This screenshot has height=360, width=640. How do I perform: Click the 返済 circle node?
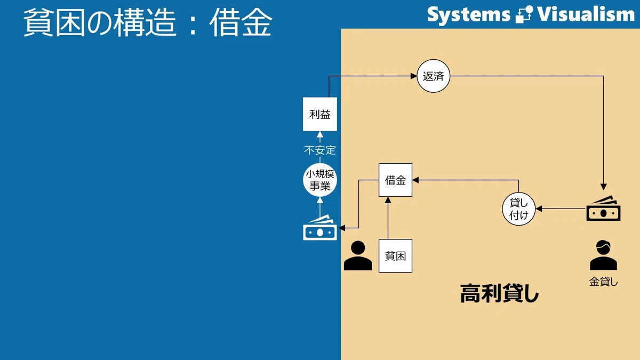click(434, 76)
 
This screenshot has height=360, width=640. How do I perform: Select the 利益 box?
click(320, 114)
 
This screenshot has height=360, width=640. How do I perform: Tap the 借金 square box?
click(395, 180)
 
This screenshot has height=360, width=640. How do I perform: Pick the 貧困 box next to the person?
click(395, 255)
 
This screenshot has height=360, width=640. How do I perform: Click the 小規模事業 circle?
click(320, 180)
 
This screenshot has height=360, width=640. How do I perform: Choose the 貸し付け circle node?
click(518, 209)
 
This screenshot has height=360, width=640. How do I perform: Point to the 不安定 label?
click(320, 150)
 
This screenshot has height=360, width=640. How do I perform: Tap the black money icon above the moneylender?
click(603, 209)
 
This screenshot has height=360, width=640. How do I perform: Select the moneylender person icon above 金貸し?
click(603, 255)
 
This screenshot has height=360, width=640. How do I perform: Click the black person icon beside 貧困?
click(358, 255)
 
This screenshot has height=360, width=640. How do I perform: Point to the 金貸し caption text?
click(603, 282)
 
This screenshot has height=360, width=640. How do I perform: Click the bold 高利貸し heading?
click(499, 293)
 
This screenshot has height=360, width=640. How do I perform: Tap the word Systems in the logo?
click(469, 15)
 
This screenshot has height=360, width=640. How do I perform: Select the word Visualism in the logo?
click(586, 14)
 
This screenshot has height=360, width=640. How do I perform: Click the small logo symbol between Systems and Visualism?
click(524, 14)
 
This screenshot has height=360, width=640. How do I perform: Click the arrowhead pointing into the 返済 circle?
click(414, 76)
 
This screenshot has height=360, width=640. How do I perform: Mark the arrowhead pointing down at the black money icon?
click(603, 187)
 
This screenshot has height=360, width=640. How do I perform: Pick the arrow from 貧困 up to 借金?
click(388, 218)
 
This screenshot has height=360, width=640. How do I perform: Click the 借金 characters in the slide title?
click(241, 22)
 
